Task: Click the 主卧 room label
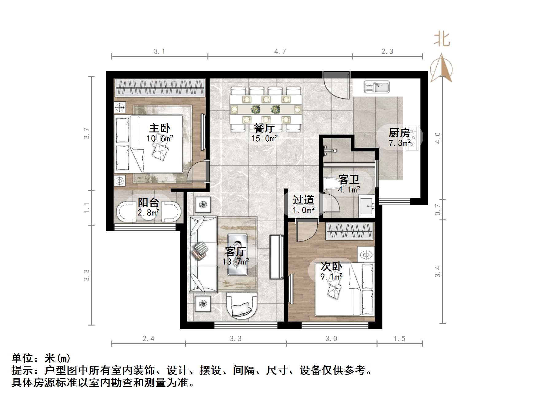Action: point(160,128)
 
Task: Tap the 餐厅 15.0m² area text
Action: point(264,139)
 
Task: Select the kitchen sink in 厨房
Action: point(377,87)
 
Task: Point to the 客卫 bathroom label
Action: point(349,180)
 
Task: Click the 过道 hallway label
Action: point(303,200)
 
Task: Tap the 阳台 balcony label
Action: point(148,202)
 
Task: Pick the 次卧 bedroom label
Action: point(331,266)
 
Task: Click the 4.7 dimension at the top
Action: point(280,51)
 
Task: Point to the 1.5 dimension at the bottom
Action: point(399,339)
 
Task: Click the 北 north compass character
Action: point(442,40)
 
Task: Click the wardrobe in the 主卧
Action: point(159,88)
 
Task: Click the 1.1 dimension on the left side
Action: point(87,208)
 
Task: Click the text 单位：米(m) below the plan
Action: point(41,358)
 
